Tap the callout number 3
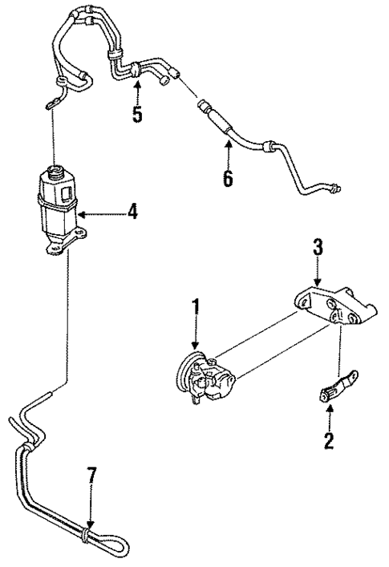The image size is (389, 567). (x=318, y=248)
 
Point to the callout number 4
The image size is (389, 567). (x=133, y=213)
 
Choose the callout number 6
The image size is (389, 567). (x=229, y=177)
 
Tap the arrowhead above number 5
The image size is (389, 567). (x=137, y=83)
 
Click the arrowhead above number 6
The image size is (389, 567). (x=229, y=144)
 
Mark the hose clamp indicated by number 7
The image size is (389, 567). (x=87, y=531)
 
